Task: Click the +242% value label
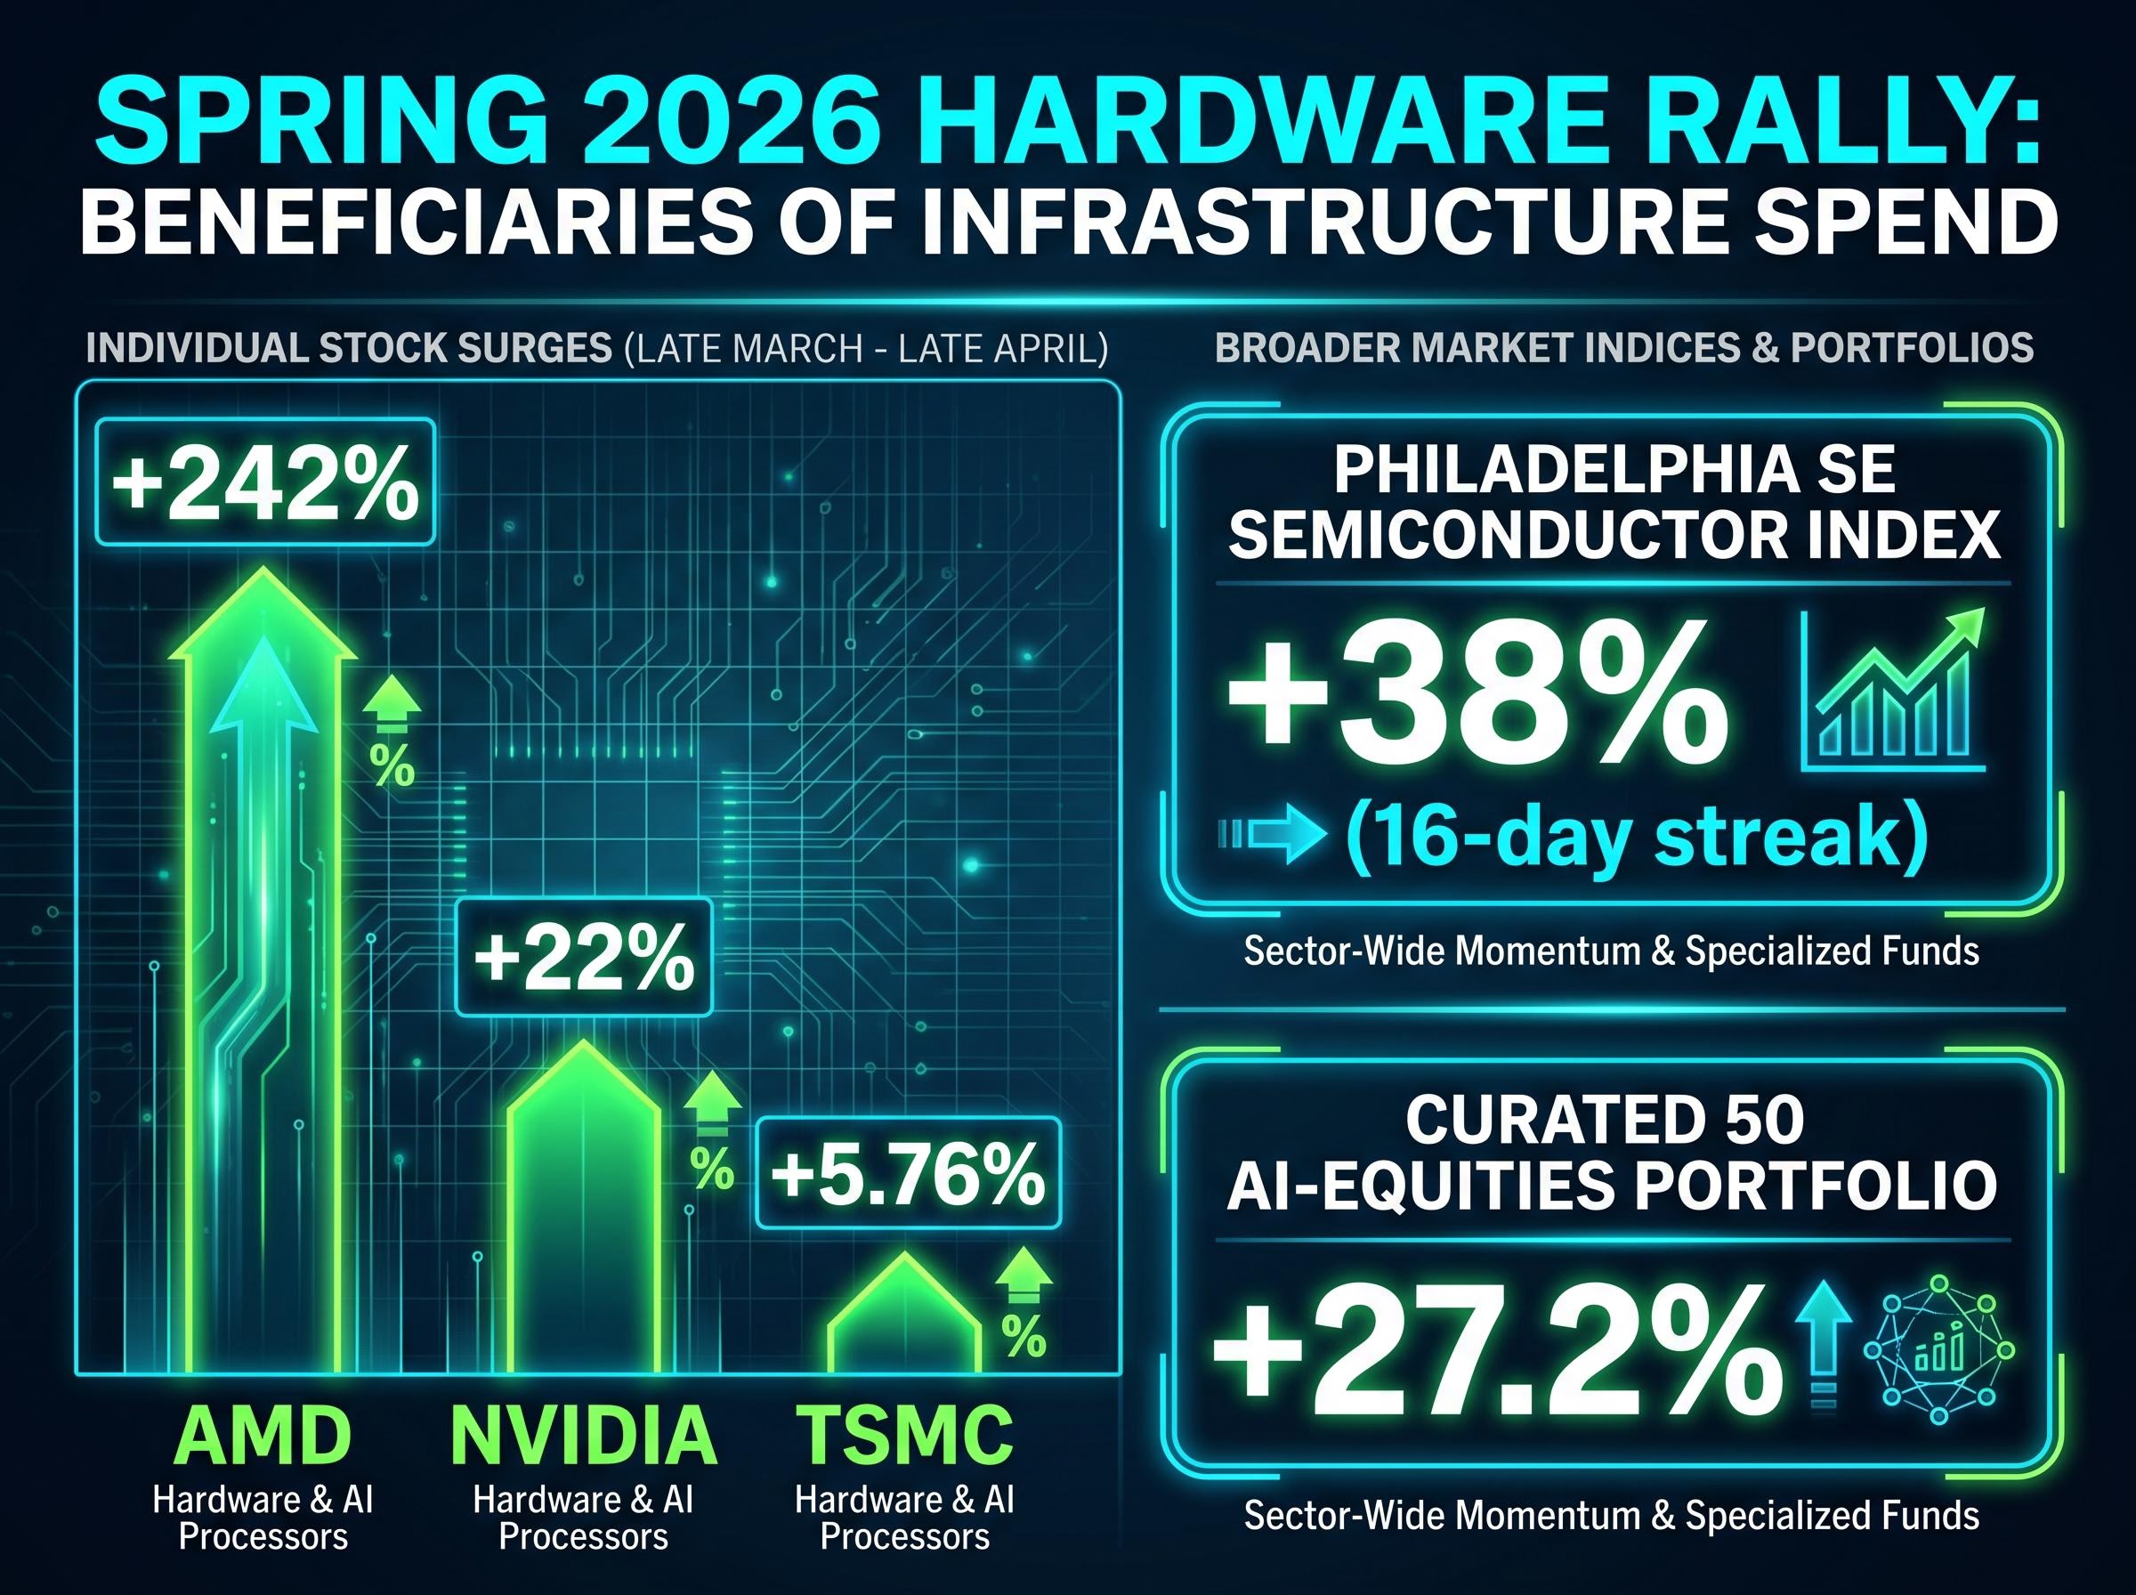(x=265, y=482)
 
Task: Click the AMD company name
(x=263, y=1436)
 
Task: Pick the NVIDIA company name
(x=583, y=1436)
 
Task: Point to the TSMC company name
(x=904, y=1436)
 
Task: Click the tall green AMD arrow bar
(x=263, y=966)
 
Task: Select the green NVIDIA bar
(x=583, y=1217)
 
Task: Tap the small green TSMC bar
(x=904, y=1323)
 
